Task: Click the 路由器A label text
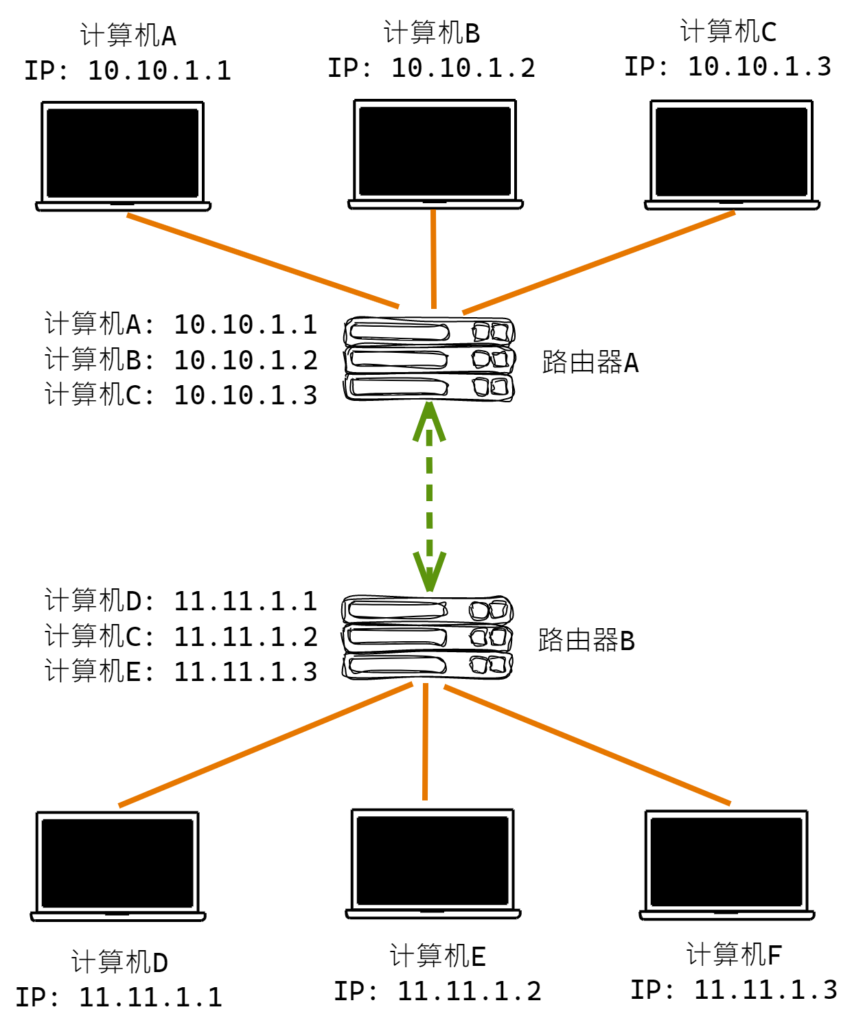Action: click(x=590, y=362)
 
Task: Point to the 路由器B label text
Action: click(x=586, y=641)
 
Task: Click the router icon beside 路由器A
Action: click(x=429, y=359)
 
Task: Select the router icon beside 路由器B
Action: click(x=427, y=638)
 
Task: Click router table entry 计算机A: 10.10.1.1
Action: click(x=181, y=324)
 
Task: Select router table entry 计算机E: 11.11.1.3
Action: click(x=181, y=671)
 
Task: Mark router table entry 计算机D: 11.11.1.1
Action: click(x=181, y=601)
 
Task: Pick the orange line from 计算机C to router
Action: click(x=599, y=263)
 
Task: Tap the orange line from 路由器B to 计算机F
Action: click(x=587, y=745)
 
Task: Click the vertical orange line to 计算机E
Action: click(x=426, y=741)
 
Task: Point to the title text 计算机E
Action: click(x=437, y=956)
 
